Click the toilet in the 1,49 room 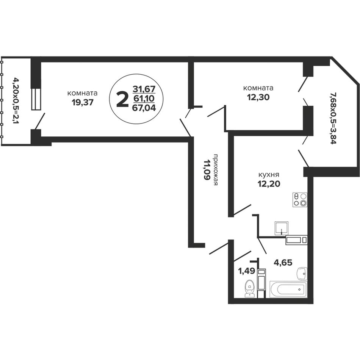[x=249, y=288]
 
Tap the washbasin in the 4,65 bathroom [x=302, y=274]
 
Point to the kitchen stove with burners [x=300, y=200]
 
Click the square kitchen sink [x=282, y=228]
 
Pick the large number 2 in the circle [x=122, y=99]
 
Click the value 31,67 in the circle [x=144, y=89]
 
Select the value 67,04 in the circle [x=144, y=108]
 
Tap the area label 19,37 [x=83, y=102]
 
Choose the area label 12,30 [x=258, y=97]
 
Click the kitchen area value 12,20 [x=269, y=184]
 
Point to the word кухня [x=269, y=175]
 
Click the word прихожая [x=216, y=170]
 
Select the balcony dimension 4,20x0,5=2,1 [x=16, y=100]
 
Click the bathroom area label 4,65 [x=283, y=262]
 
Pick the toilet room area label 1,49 [x=247, y=271]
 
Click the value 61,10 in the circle [x=144, y=98]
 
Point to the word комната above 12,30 [x=258, y=88]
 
